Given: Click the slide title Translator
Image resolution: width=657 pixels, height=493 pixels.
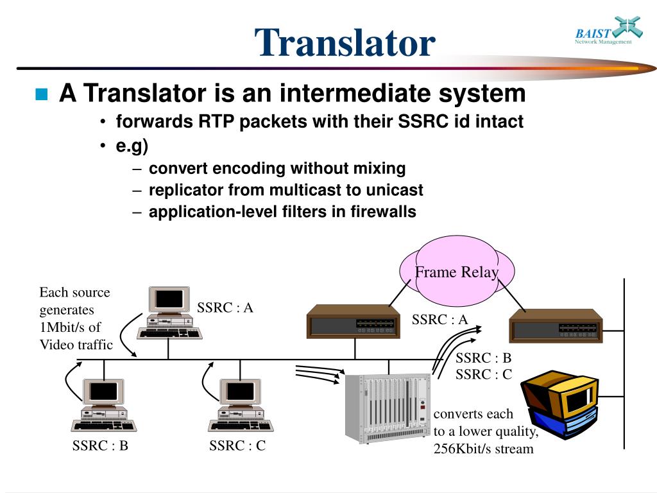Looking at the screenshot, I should tap(345, 43).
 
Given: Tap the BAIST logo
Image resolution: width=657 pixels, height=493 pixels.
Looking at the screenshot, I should tap(602, 31).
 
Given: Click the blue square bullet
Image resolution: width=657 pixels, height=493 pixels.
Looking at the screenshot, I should tap(42, 95).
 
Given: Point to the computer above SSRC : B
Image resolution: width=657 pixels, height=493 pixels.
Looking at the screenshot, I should tap(103, 405).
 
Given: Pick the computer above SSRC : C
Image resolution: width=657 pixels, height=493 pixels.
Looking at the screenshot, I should tap(239, 405).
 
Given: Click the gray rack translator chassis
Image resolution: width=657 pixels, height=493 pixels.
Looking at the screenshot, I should tap(388, 408).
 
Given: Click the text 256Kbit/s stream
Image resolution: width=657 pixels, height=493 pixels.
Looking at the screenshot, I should tap(483, 449).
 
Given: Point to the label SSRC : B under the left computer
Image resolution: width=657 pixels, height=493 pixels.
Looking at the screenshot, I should tap(100, 445).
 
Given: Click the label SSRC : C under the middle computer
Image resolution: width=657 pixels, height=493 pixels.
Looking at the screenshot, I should tap(237, 445).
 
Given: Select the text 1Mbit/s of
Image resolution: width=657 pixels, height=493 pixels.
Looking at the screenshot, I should tap(70, 327).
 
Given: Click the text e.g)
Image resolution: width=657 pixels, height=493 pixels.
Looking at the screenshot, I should tap(132, 146).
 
